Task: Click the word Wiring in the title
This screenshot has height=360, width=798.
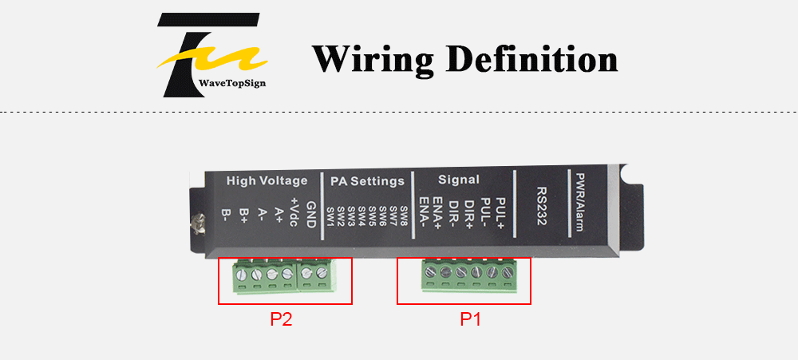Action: point(372,59)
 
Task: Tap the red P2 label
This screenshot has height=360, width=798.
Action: point(281,319)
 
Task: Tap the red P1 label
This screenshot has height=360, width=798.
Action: point(470,319)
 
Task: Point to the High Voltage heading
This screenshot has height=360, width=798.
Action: point(267,180)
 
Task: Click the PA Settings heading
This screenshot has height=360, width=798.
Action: point(367,181)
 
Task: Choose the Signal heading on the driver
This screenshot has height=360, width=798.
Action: point(459,180)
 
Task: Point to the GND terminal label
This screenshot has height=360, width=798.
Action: point(311,215)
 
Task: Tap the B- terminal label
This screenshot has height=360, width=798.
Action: point(226,216)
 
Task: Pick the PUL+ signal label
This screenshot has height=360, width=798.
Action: point(500,213)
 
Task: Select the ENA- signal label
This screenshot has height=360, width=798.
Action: point(423,212)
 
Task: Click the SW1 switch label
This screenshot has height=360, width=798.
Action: point(331,217)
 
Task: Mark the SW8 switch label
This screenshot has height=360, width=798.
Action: point(405,216)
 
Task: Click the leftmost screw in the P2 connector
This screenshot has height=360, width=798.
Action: point(242,275)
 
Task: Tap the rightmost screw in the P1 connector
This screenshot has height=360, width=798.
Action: point(507,272)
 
